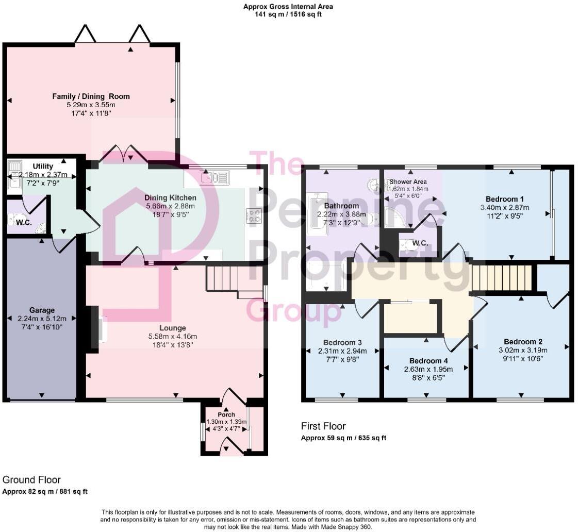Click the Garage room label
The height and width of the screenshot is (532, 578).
point(42,310)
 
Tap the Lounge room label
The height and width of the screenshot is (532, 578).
point(172,328)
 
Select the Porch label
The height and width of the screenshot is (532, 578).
point(226,414)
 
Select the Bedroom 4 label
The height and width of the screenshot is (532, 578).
point(426,360)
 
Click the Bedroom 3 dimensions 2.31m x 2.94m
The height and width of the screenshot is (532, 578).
point(342,351)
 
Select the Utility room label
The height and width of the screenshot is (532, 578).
point(43,166)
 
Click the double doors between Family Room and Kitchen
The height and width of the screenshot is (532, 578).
point(123,154)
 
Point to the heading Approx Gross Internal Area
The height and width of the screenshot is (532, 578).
point(288,7)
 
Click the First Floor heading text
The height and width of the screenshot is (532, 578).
point(323,426)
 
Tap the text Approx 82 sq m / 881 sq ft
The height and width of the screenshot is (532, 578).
point(45,491)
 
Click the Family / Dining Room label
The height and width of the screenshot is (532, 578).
point(91,96)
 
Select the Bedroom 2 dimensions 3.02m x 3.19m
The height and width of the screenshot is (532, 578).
point(523,350)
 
